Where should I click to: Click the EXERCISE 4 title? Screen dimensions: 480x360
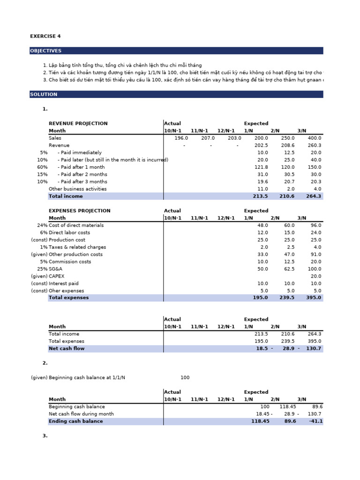pos(45,36)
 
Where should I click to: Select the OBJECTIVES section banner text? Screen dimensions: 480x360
pos(45,51)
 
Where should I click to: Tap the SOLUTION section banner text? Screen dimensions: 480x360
pos(44,94)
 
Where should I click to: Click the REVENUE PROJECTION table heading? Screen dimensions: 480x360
pos(78,124)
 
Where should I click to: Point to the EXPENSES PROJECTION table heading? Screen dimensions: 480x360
pos(80,211)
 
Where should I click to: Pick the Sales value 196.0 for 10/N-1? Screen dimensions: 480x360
pos(181,138)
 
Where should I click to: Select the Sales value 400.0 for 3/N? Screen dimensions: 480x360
pos(315,138)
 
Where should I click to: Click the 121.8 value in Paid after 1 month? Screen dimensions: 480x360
pos(262,167)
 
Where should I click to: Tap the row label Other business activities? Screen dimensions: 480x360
pos(77,189)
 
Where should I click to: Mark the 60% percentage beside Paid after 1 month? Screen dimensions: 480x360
pos(43,167)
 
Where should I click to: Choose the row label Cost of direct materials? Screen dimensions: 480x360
pos(76,225)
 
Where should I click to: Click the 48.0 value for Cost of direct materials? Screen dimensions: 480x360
pos(262,225)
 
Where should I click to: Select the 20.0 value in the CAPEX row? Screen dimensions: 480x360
pos(315,277)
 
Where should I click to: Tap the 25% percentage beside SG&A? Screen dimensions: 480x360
pos(42,269)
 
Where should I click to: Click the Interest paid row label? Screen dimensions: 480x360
pos(64,284)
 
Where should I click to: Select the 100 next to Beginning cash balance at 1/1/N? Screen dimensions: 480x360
pos(185,378)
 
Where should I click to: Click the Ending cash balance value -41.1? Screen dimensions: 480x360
pos(315,421)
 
